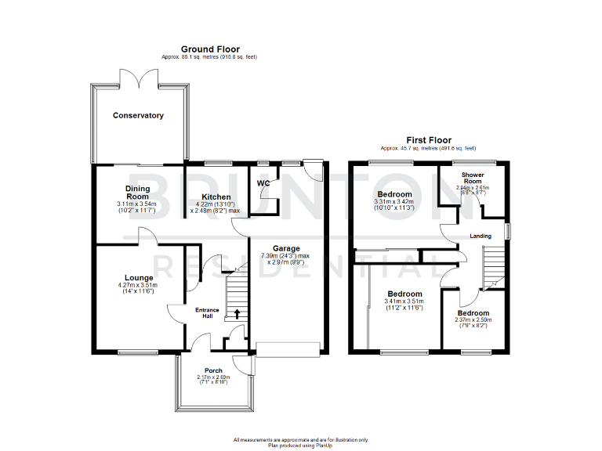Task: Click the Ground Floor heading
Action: tap(210, 49)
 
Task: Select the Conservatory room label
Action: tap(138, 116)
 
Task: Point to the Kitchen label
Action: tap(216, 197)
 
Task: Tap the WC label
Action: tap(263, 183)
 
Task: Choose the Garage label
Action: tap(287, 247)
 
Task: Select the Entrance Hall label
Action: tap(207, 312)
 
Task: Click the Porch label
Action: tap(213, 370)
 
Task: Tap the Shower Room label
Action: tap(472, 177)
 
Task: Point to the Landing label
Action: tap(481, 236)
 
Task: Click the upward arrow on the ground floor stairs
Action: tap(237, 315)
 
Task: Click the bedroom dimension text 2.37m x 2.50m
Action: tap(473, 319)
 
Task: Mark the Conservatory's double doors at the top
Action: tap(139, 78)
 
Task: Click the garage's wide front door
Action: tap(288, 349)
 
